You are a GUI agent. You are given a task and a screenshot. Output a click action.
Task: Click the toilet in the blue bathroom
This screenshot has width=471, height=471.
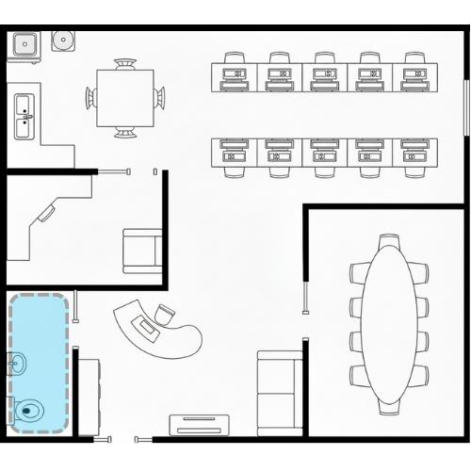tap(29, 410)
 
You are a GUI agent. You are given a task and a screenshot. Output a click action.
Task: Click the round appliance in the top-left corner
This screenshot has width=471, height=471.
tap(64, 41)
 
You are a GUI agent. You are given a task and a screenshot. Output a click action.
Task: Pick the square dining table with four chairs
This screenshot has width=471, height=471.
tap(125, 98)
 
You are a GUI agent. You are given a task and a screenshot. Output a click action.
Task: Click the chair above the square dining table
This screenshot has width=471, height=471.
tap(125, 65)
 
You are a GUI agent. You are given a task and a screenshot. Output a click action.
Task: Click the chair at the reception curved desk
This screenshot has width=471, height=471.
tap(166, 314)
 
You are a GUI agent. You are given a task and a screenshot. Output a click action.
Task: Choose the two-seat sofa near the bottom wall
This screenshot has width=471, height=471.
tap(279, 394)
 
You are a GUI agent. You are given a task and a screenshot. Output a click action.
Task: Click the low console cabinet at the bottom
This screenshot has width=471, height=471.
tap(200, 424)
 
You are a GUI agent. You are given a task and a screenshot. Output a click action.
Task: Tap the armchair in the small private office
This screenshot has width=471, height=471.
tap(142, 252)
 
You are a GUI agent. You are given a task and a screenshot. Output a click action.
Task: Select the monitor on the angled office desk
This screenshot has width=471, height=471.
tap(45, 215)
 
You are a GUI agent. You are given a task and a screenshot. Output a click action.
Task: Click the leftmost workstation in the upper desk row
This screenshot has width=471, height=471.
tap(233, 73)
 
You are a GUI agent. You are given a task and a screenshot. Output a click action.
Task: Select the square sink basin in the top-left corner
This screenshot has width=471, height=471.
tap(23, 43)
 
